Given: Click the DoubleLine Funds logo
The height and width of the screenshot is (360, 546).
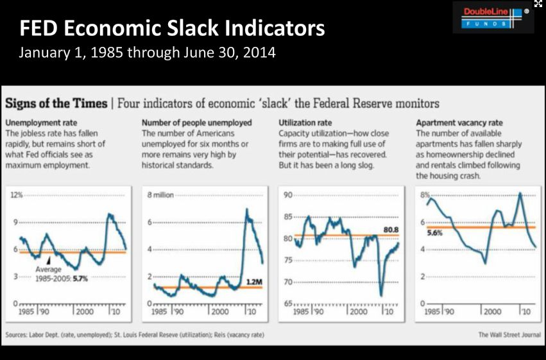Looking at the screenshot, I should point(493,17).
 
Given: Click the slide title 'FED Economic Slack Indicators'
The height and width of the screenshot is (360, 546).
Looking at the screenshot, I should point(172,28).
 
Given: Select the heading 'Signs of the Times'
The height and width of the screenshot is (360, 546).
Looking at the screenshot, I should point(55,103).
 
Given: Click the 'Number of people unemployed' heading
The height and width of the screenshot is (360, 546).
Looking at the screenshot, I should point(197,122).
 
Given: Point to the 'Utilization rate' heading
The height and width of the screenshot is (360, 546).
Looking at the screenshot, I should point(305,122).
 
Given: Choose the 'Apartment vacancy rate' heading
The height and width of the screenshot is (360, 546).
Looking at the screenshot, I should point(459,122).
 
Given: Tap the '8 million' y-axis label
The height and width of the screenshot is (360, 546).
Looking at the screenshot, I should point(160,195).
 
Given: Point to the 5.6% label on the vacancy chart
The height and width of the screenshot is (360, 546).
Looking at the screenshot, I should point(434,234).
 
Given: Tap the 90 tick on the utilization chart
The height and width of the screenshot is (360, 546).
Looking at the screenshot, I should point(287,195).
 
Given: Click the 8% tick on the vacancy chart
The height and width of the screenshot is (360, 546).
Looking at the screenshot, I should point(424,195).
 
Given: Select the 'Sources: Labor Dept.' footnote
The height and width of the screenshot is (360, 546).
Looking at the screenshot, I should point(133,335).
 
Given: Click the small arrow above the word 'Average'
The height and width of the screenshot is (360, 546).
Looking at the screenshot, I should point(49,261).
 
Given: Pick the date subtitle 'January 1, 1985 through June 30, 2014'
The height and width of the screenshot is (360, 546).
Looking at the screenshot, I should point(148,52).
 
